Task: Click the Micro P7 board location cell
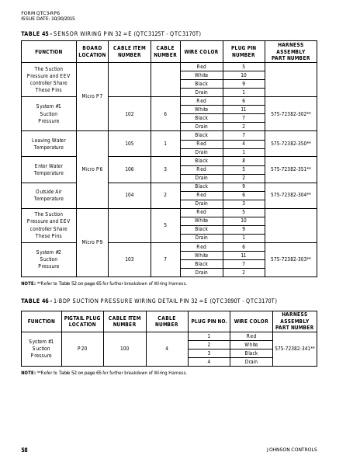point(92,96)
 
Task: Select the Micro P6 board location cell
point(92,169)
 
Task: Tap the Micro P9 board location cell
point(92,242)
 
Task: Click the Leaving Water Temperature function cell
point(49,144)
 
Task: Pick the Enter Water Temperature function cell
point(49,169)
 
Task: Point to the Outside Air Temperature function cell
point(49,195)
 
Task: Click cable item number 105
point(129,144)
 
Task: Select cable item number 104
point(129,195)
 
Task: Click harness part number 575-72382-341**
point(294,349)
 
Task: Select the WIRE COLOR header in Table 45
point(201,52)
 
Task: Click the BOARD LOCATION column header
point(92,52)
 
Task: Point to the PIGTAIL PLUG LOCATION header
point(82,321)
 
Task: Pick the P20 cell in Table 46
point(82,349)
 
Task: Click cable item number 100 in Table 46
point(124,349)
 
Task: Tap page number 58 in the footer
point(25,450)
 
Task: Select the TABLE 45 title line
point(111,34)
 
